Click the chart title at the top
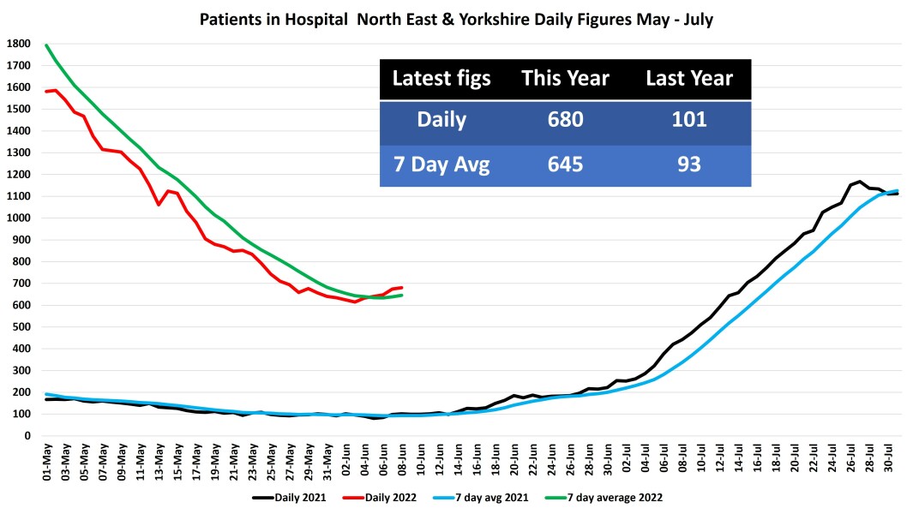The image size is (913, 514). (456, 18)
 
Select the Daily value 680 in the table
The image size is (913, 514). (565, 119)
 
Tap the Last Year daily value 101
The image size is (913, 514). (689, 119)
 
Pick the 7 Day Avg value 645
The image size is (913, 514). (565, 164)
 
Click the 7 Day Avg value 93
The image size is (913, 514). (689, 164)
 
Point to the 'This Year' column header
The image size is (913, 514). (565, 79)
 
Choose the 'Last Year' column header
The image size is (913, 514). (689, 79)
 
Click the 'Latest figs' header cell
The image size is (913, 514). (441, 79)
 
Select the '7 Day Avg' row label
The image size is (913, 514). (441, 164)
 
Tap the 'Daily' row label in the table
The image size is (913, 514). (441, 119)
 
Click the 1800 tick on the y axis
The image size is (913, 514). (18, 44)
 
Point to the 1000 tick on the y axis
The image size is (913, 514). (18, 218)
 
